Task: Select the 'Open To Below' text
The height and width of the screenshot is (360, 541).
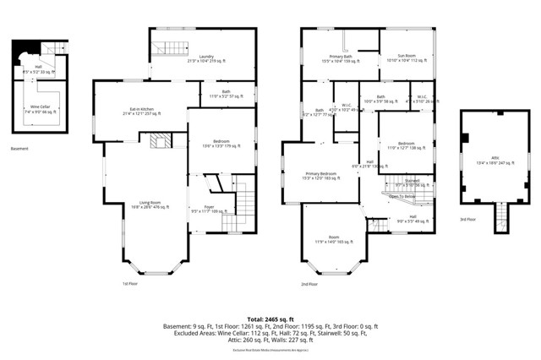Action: tap(402, 196)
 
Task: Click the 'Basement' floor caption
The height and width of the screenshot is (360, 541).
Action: tap(25, 150)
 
